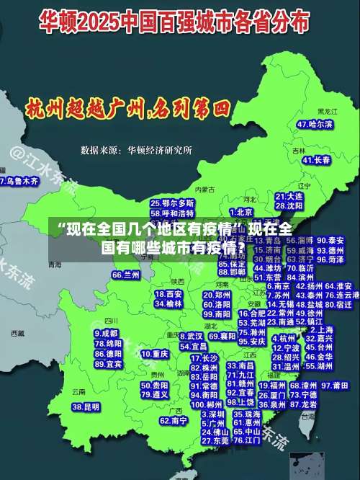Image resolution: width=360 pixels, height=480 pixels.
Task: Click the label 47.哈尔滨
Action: (x=315, y=124)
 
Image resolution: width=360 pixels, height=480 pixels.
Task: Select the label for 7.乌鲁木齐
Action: (x=19, y=181)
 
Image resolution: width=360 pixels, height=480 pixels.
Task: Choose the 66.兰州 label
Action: (x=126, y=275)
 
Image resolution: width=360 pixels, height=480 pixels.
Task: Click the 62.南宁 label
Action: (x=174, y=420)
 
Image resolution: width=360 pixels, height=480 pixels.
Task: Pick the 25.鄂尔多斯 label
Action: (x=172, y=204)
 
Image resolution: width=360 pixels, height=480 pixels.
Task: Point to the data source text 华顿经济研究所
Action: (x=160, y=151)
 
